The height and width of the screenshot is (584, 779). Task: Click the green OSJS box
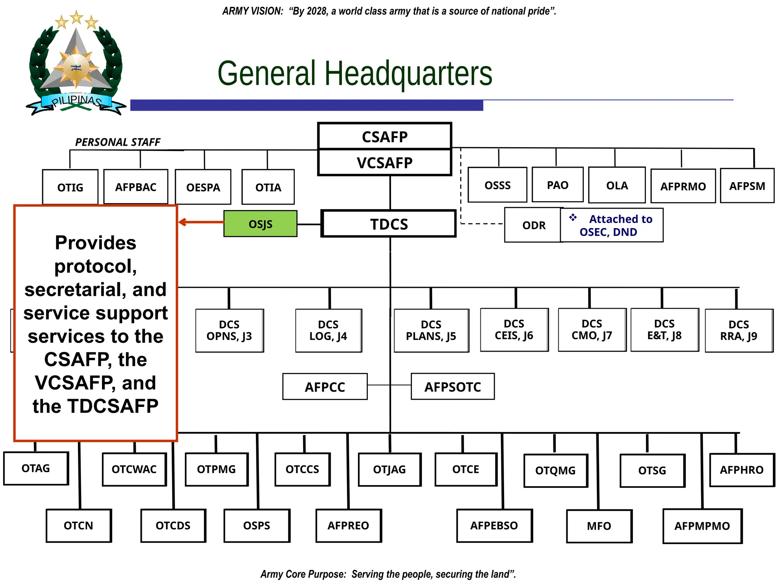(x=260, y=224)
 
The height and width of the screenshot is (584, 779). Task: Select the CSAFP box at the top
(x=385, y=136)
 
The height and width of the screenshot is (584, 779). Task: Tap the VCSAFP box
(x=385, y=163)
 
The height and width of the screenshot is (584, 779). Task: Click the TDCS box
(x=389, y=224)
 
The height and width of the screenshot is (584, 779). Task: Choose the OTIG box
(x=70, y=187)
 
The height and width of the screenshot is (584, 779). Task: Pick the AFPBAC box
(x=136, y=187)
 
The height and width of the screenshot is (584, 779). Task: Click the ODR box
(x=533, y=225)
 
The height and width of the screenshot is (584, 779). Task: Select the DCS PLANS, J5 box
(x=431, y=330)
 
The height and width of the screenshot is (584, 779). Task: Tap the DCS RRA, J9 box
(x=739, y=330)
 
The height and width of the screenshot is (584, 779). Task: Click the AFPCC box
(x=325, y=387)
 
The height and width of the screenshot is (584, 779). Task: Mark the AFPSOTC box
(x=453, y=387)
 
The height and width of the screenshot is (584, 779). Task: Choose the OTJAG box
(x=389, y=470)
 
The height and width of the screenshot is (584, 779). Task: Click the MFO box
(x=599, y=526)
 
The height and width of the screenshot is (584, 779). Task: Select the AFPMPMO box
(x=702, y=526)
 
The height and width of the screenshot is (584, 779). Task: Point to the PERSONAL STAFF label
(x=118, y=142)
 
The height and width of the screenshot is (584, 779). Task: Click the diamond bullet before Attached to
(x=573, y=218)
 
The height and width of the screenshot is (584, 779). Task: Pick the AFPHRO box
(x=742, y=470)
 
